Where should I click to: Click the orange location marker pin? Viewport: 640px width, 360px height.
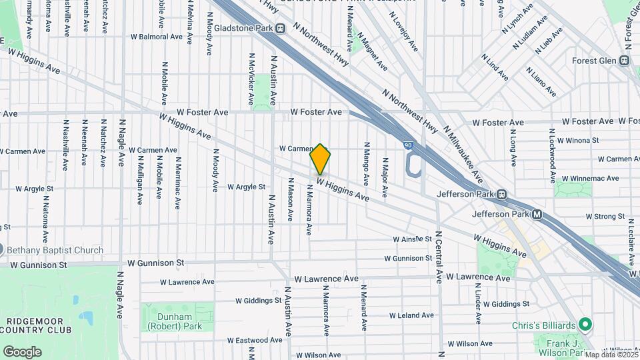(x=321, y=159)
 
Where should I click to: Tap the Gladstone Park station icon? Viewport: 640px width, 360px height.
(x=280, y=28)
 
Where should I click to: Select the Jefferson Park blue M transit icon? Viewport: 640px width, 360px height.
(x=536, y=215)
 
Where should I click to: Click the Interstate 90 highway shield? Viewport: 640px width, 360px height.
(x=408, y=145)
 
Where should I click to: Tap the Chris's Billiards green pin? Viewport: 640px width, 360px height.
(x=585, y=325)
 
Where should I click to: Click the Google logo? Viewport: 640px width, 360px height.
(x=22, y=351)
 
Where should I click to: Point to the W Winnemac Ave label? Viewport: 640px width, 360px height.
(x=590, y=178)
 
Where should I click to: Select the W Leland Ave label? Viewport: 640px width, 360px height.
(x=411, y=315)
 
